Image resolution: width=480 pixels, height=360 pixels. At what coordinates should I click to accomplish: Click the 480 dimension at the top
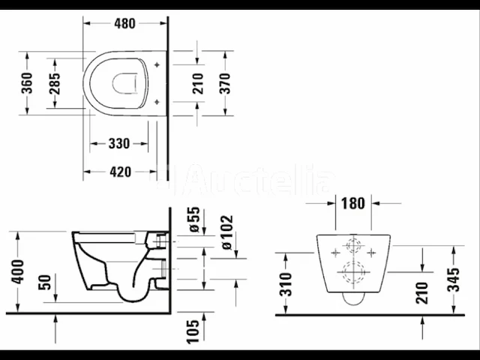click(x=124, y=23)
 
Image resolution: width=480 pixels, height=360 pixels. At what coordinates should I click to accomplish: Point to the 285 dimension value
click(x=55, y=83)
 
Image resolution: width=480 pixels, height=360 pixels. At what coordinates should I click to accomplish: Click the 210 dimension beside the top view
click(x=198, y=82)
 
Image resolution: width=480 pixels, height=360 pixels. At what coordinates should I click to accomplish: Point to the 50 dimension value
click(x=45, y=284)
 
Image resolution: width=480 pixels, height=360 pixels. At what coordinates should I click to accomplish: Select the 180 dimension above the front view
click(x=352, y=202)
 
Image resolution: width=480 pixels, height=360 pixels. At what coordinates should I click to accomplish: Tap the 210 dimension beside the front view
click(x=421, y=293)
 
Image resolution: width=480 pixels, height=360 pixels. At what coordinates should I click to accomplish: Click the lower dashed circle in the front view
click(x=352, y=274)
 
